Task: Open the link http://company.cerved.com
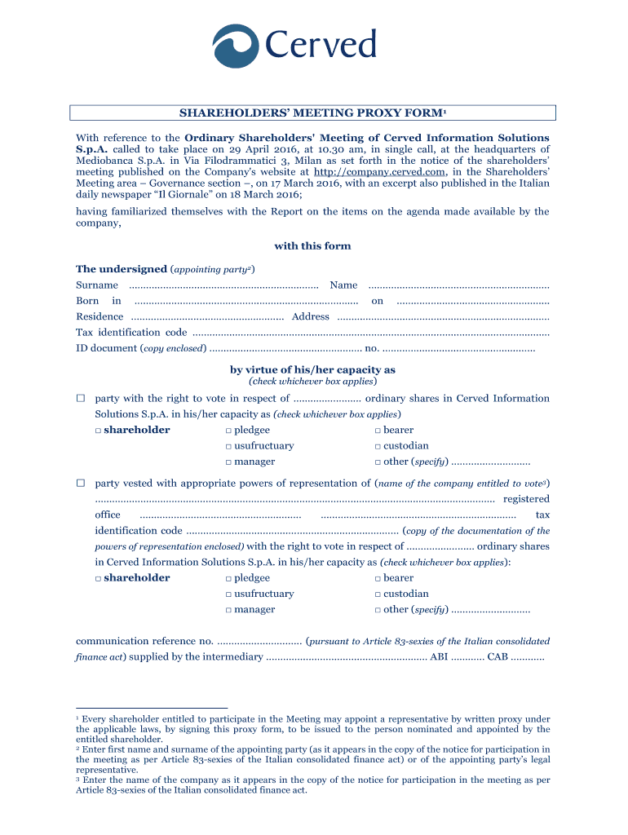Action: pyautogui.click(x=379, y=172)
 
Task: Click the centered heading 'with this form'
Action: pyautogui.click(x=312, y=245)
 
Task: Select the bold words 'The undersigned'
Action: pyautogui.click(x=121, y=268)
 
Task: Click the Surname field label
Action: pyautogui.click(x=97, y=285)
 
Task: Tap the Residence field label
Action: pyautogui.click(x=100, y=316)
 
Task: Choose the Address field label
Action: pyautogui.click(x=310, y=316)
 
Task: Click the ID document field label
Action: pyautogui.click(x=107, y=348)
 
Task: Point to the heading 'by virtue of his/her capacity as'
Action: pyautogui.click(x=312, y=369)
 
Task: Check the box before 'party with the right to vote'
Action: pyautogui.click(x=81, y=399)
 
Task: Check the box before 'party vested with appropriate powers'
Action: pyautogui.click(x=81, y=484)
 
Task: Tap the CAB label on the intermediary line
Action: pyautogui.click(x=498, y=656)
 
